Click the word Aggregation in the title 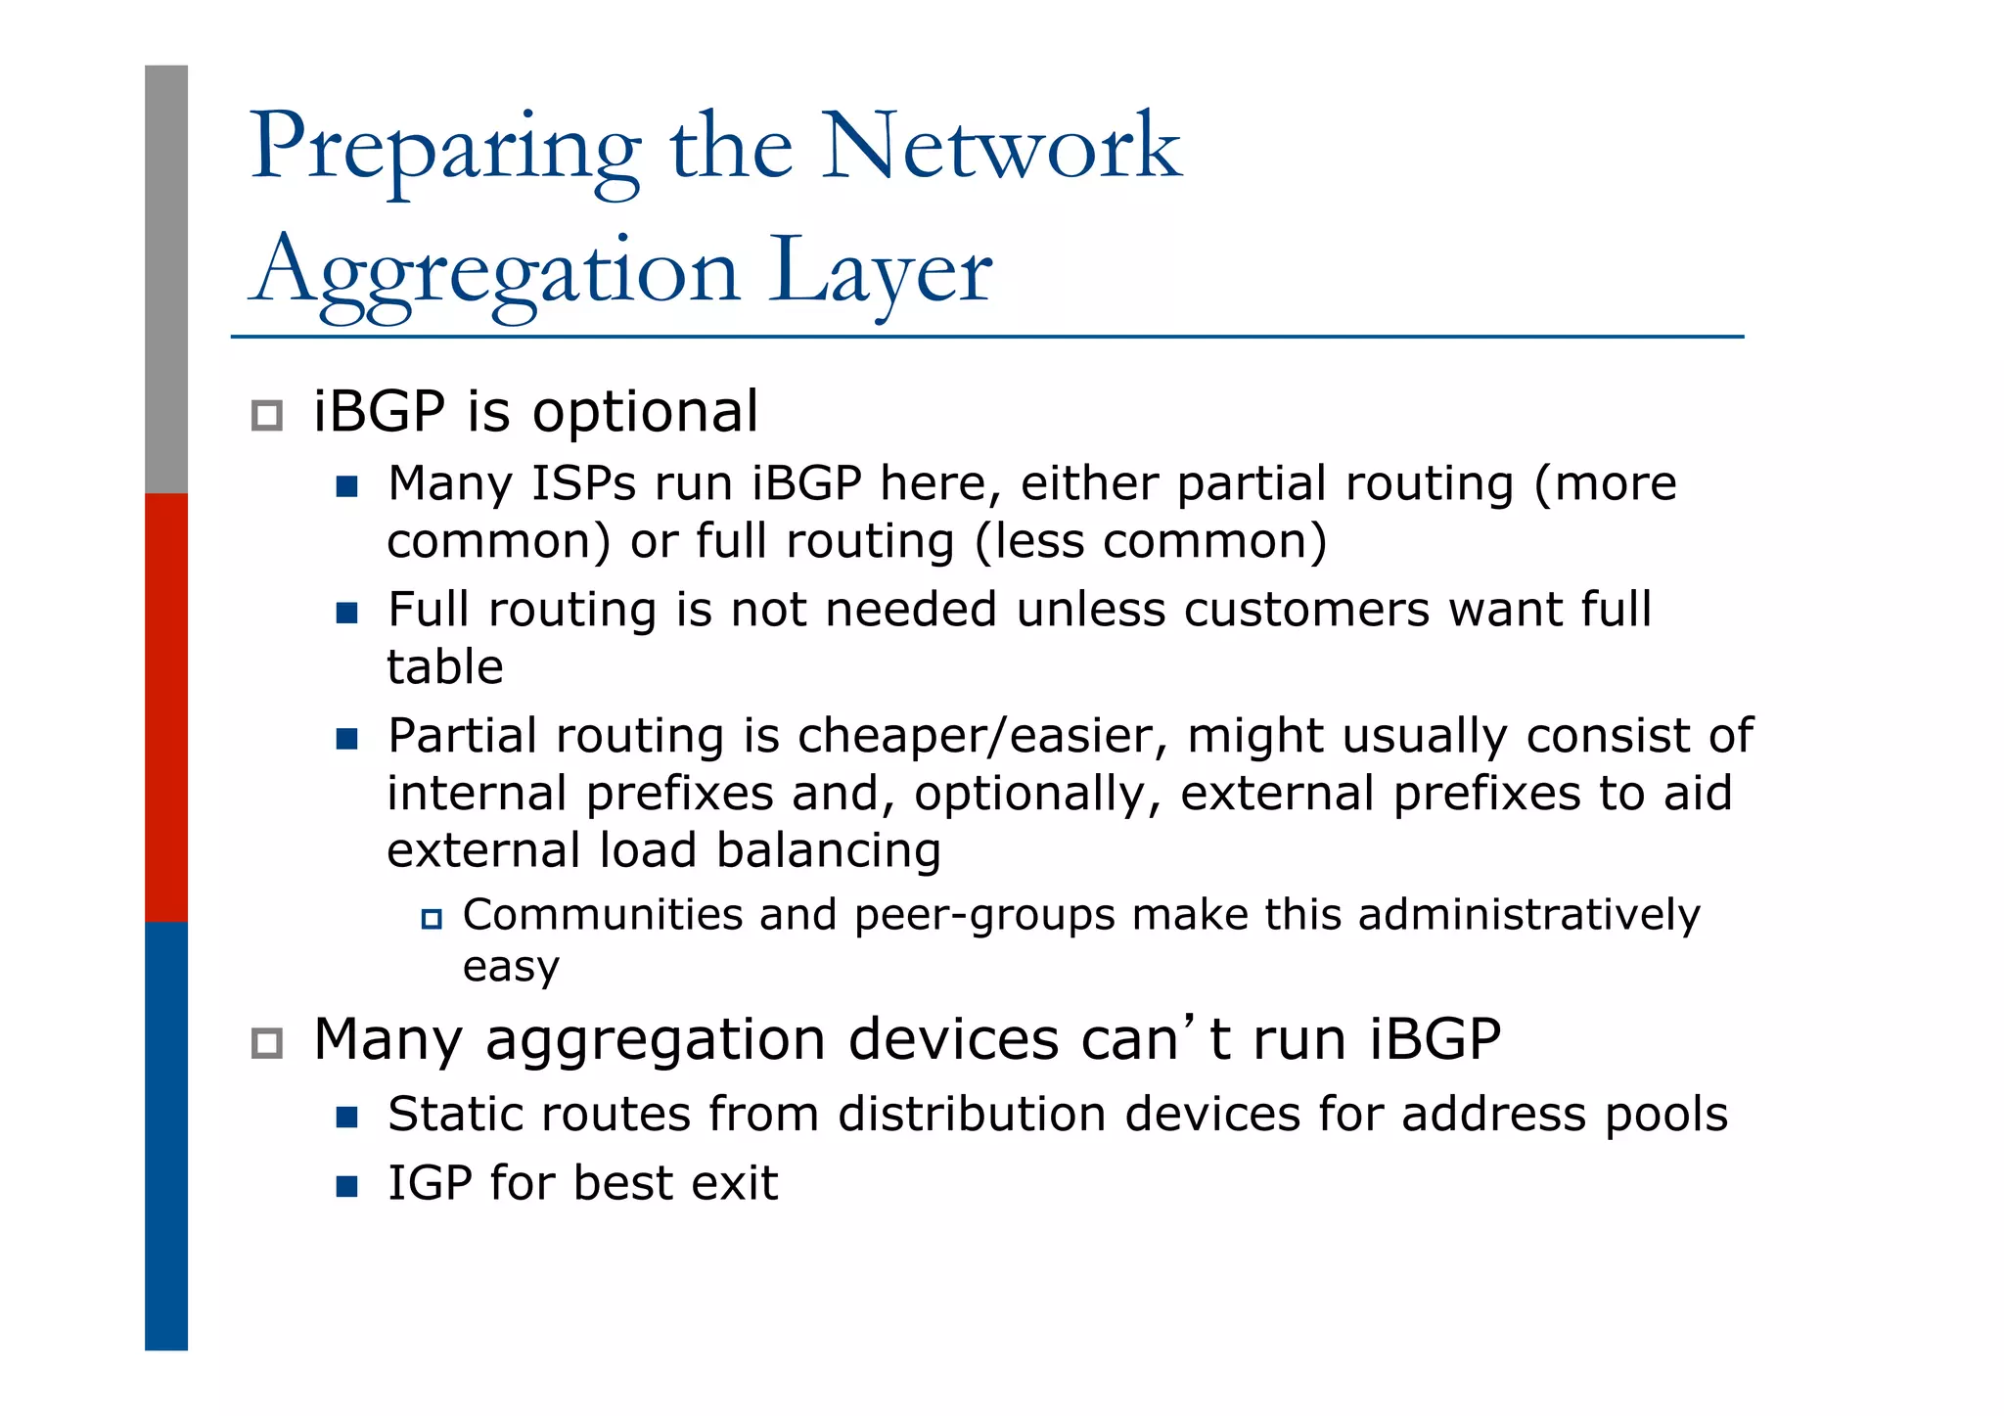pos(494,273)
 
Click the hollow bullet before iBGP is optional pos(267,415)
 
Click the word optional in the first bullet pos(645,412)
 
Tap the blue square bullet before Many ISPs pos(346,486)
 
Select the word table pos(444,667)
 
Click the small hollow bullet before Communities pos(432,919)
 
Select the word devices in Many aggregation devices pos(954,1039)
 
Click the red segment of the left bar pos(166,707)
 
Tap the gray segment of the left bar pos(166,279)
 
